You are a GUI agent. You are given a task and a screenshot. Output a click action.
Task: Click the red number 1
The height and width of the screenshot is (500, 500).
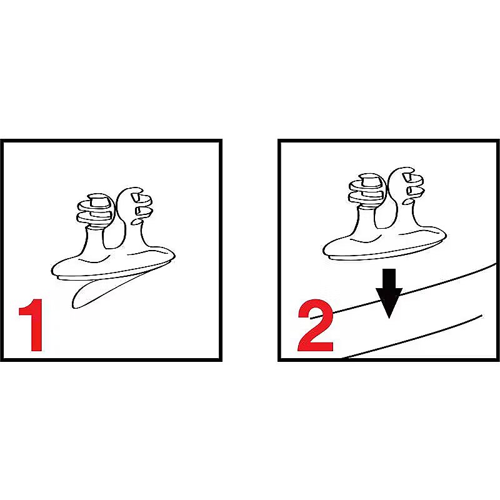(32, 325)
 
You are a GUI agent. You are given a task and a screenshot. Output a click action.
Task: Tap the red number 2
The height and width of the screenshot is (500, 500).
(316, 325)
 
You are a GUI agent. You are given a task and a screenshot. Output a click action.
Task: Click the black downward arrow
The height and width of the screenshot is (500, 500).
(389, 293)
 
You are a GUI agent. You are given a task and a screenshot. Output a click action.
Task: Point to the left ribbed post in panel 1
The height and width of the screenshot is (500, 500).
(95, 211)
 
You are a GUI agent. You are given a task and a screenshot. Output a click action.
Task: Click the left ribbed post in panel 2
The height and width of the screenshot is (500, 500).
(367, 191)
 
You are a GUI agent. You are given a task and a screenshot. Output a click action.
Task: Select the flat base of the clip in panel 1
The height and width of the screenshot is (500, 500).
(113, 264)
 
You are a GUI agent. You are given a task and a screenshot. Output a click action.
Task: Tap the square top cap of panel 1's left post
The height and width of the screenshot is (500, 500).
(97, 200)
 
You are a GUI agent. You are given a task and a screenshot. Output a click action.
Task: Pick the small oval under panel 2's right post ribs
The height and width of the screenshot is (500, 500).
(408, 201)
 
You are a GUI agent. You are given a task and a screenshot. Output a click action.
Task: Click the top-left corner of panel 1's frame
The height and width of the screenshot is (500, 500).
(2, 141)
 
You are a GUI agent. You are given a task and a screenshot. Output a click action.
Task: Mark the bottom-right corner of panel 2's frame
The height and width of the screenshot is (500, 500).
(498, 360)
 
